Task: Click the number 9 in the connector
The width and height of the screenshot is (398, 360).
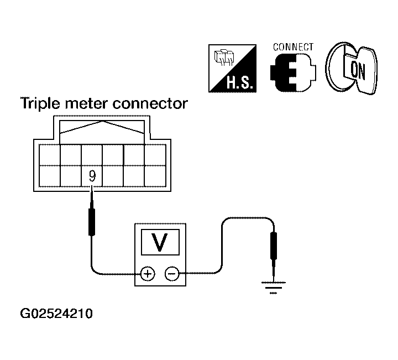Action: pos(92,176)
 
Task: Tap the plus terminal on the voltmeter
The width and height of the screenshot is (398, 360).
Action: pos(148,274)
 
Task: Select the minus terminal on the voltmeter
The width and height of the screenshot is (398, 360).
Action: pos(172,274)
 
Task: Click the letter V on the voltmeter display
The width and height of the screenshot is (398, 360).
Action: pos(160,242)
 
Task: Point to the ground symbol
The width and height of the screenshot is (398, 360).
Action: pos(274,288)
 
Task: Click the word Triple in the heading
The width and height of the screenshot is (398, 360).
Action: pos(40,103)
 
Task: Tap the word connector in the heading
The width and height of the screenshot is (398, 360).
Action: pos(150,103)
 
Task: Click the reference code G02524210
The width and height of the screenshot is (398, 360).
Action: pos(56,314)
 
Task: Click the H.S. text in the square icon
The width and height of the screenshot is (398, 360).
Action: pos(239,82)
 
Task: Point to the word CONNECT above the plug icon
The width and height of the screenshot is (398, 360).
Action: pos(293,47)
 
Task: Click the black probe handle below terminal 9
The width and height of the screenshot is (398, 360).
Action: pos(92,222)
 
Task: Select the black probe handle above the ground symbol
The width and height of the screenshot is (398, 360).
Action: pos(274,246)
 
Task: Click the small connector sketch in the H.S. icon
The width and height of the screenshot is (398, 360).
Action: pos(224,58)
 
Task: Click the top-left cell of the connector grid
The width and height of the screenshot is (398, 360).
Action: pos(50,155)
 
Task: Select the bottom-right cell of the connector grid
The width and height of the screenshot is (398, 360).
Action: pos(155,176)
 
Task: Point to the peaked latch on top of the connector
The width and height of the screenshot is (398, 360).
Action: pos(102,127)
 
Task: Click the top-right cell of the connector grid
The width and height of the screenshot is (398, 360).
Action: pos(155,155)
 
